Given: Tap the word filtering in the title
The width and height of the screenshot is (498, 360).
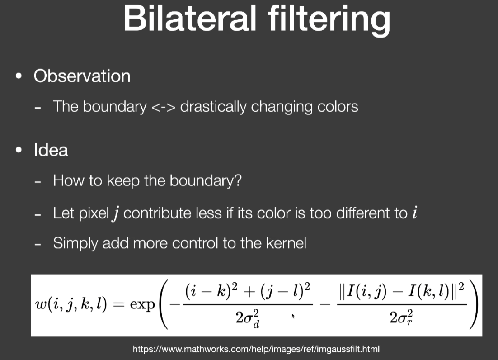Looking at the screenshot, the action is pyautogui.click(x=329, y=20).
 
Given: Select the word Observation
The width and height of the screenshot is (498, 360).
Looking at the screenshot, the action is pyautogui.click(x=82, y=76).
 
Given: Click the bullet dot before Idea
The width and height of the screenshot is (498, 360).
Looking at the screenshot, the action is pyautogui.click(x=19, y=150).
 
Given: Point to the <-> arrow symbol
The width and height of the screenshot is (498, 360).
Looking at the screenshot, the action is pyautogui.click(x=163, y=107).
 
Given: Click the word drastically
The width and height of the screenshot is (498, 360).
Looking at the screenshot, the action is pyautogui.click(x=213, y=107).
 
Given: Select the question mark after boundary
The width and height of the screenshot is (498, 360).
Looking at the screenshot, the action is pyautogui.click(x=238, y=180).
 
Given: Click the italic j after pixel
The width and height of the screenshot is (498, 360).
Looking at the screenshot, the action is pyautogui.click(x=116, y=213).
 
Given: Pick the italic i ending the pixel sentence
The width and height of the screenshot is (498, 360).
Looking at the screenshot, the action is pyautogui.click(x=414, y=212).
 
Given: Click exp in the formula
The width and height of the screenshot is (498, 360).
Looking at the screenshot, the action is pyautogui.click(x=142, y=305).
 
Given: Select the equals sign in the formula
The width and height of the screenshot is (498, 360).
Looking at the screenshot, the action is pyautogui.click(x=118, y=304).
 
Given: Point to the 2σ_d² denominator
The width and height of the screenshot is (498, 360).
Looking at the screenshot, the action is pyautogui.click(x=248, y=318).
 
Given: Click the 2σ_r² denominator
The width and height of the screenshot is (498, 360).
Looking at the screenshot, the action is pyautogui.click(x=401, y=317).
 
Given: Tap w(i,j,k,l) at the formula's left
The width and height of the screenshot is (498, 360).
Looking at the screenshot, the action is pyautogui.click(x=71, y=304).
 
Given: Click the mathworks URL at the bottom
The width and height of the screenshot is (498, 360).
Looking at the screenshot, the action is pyautogui.click(x=256, y=349).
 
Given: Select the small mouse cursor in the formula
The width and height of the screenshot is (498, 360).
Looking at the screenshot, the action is pyautogui.click(x=293, y=316).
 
